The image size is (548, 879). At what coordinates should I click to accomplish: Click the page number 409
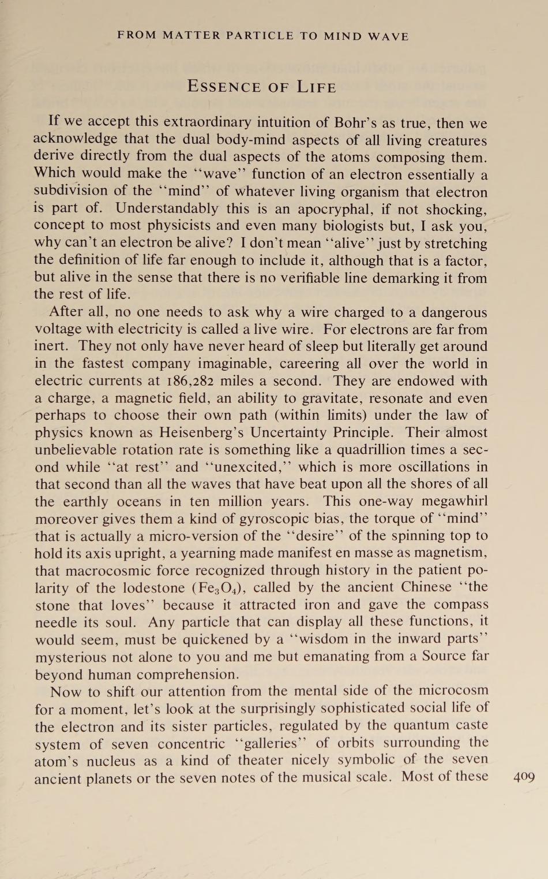pyautogui.click(x=524, y=777)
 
